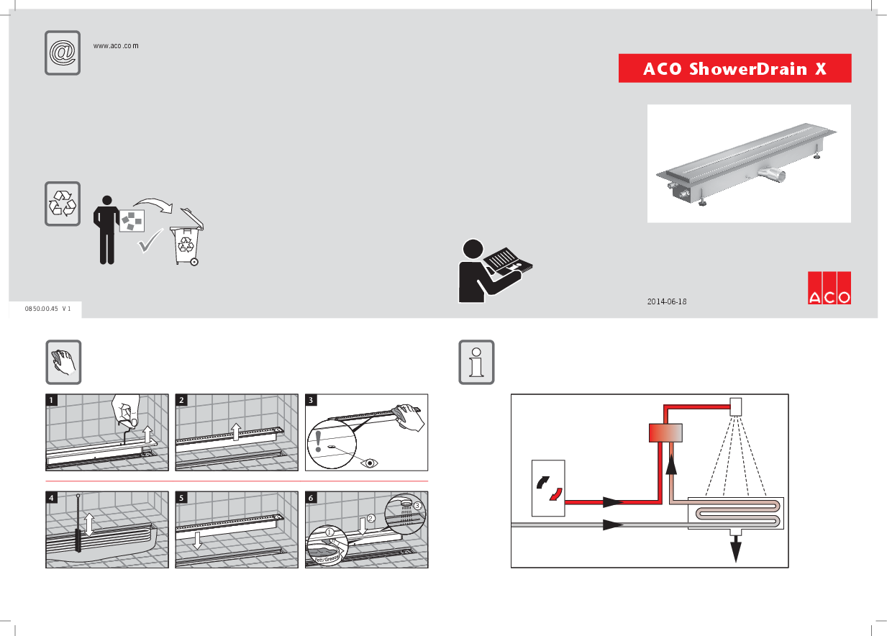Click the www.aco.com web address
coord(116,45)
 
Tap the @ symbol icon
coord(63,53)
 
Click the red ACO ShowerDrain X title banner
coord(734,69)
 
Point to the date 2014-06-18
coord(667,301)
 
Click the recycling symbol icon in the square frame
coord(63,204)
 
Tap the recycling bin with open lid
coord(186,239)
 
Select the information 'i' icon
coord(476,362)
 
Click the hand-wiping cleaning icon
coord(63,362)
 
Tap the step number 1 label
coord(52,399)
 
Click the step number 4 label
coord(52,497)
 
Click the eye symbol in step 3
coord(370,463)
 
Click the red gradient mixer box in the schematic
coord(665,433)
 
